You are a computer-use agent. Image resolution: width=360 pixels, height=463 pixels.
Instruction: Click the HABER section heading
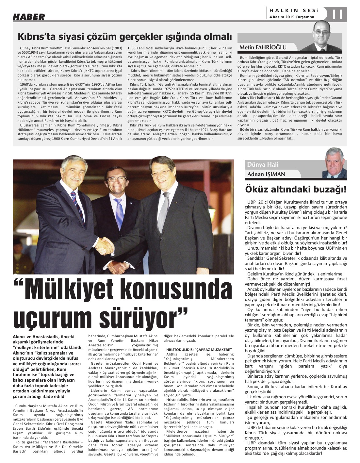[x=29, y=16]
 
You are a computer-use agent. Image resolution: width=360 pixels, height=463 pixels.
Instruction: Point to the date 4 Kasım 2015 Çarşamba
[x=292, y=17]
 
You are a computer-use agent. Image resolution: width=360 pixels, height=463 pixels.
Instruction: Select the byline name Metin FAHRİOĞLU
[x=263, y=47]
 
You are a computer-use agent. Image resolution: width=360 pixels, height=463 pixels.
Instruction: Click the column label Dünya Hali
[x=263, y=164]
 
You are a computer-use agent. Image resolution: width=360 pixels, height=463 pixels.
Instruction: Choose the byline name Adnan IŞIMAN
[x=266, y=174]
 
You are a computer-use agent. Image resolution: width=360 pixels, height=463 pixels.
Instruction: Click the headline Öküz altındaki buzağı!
[x=296, y=189]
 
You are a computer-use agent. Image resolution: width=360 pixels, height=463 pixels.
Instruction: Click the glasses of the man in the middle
[x=116, y=179]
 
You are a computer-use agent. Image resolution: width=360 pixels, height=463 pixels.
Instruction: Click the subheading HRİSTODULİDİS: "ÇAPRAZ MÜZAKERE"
[x=199, y=349]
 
